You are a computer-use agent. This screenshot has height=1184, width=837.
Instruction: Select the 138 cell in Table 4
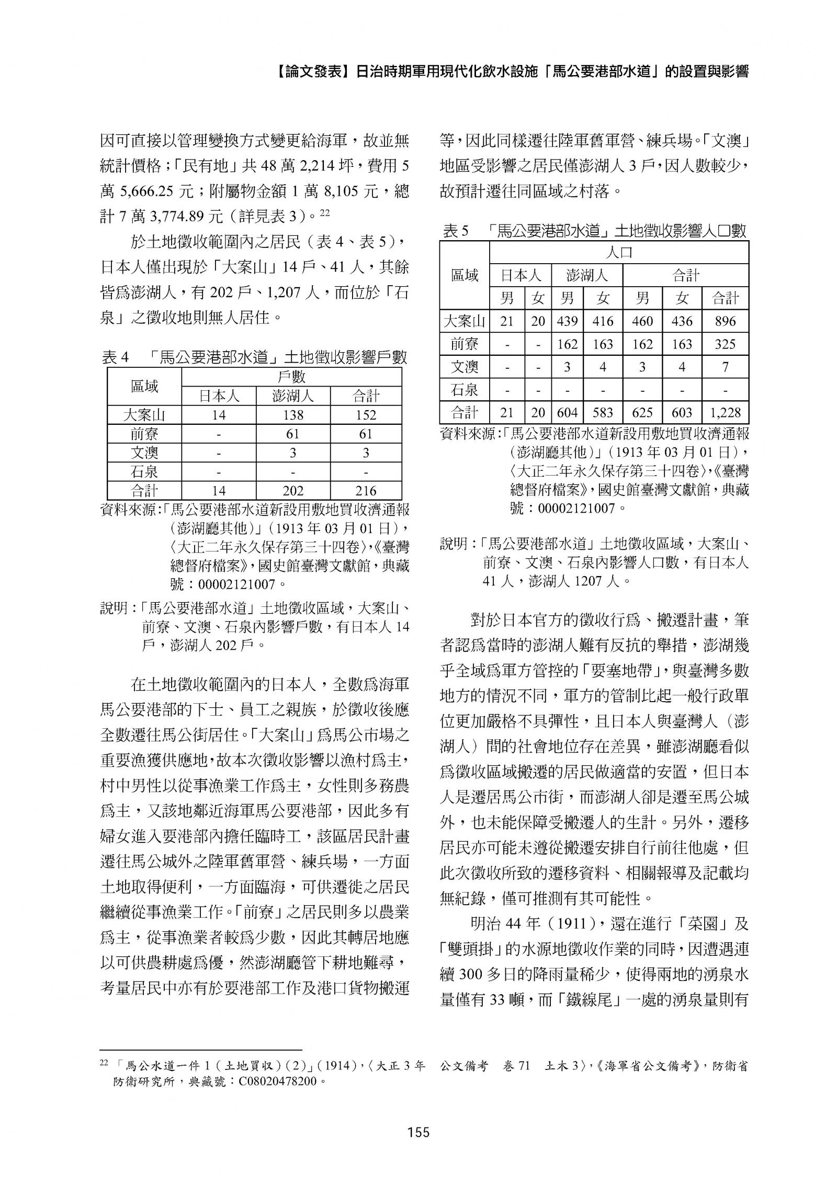pos(292,415)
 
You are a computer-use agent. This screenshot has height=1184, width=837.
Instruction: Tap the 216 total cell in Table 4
pos(366,491)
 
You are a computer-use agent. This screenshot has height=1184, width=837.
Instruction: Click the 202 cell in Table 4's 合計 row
pos(292,491)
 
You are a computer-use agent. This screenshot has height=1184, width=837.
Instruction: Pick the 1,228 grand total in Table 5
pos(725,413)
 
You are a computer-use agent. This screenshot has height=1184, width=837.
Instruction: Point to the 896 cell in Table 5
pos(725,321)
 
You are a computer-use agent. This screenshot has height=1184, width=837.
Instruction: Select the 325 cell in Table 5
pos(725,344)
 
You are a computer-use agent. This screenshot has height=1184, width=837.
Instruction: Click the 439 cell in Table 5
pos(567,321)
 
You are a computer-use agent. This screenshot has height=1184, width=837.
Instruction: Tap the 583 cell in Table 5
pos(603,413)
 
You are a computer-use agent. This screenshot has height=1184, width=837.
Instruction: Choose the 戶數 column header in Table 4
pos(291,377)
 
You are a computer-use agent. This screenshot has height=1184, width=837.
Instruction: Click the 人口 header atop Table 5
pos(619,253)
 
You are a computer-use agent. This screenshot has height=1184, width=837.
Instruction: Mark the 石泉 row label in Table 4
pos(144,472)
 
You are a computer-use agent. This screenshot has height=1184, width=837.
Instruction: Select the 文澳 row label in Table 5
pos(465,367)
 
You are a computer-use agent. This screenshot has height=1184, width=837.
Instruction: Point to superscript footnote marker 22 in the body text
pos(325,212)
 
